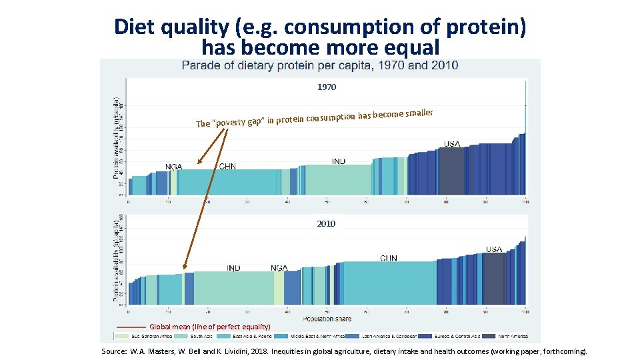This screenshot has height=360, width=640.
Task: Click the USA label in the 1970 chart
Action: point(452,144)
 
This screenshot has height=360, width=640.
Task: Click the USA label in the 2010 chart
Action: point(494,249)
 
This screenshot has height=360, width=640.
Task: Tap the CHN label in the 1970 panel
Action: point(227,166)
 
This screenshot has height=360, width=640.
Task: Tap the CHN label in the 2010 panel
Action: point(389,258)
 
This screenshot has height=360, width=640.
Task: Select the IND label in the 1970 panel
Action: point(339,161)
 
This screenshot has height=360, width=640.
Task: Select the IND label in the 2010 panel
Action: point(233,268)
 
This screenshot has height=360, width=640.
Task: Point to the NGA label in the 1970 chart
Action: point(174,166)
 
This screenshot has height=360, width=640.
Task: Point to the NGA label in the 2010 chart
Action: point(279,268)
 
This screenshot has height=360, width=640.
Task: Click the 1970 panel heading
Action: point(327,87)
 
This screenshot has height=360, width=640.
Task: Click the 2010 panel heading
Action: point(326,224)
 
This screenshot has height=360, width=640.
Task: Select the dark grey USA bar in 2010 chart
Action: point(493,279)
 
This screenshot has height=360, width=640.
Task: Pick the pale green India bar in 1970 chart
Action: point(338,180)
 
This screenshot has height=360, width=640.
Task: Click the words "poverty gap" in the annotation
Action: point(237,122)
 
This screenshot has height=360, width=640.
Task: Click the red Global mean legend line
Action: point(131,327)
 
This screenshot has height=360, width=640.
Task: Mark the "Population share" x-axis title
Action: point(327,319)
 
